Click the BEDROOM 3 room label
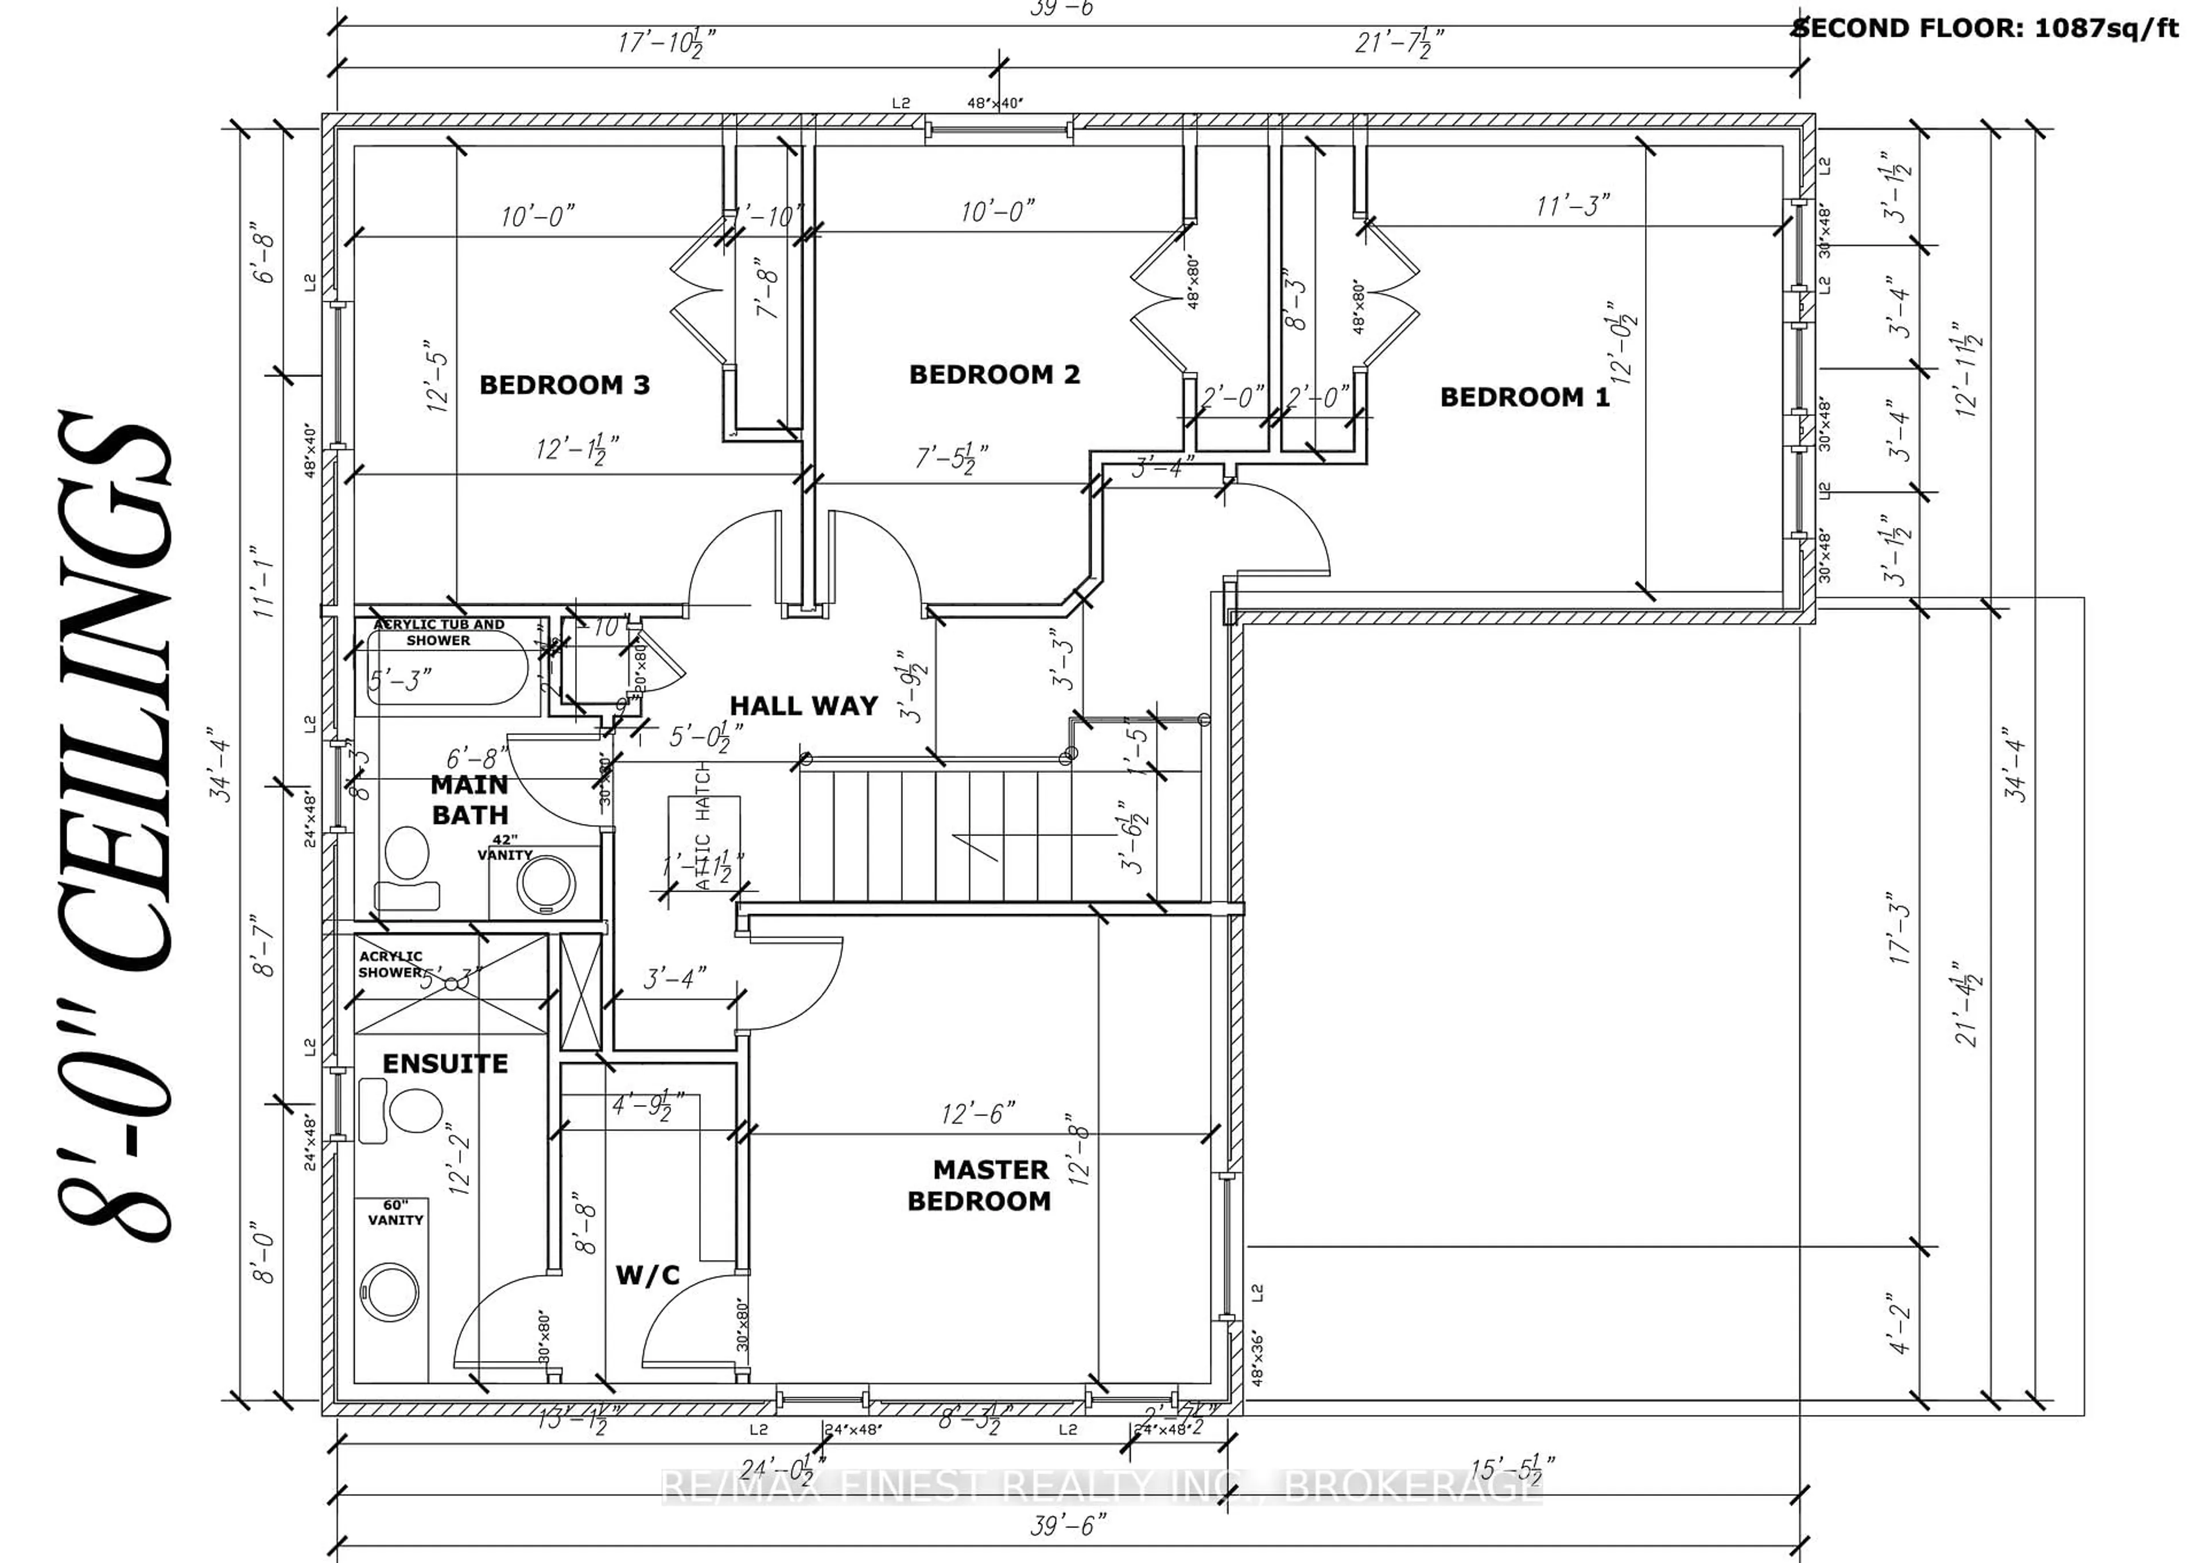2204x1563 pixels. coord(564,385)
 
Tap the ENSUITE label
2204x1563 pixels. coord(445,1063)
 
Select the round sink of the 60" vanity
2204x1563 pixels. coord(390,1294)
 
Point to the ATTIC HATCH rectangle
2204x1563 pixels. coord(704,842)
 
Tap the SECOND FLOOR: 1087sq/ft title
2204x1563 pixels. coord(1996,28)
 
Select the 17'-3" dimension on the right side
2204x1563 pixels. coord(1899,934)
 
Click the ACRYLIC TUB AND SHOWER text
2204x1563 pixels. coord(439,632)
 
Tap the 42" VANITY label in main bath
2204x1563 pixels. coord(505,847)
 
